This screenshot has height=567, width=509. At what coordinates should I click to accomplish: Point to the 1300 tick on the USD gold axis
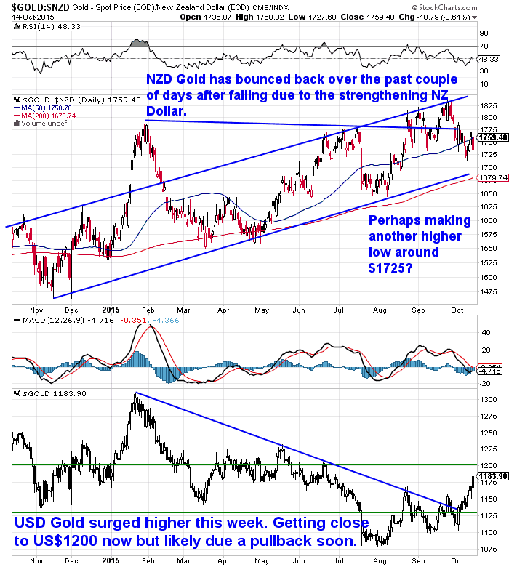tap(488, 401)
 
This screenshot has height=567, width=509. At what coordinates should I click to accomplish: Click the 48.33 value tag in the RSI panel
tap(489, 59)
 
